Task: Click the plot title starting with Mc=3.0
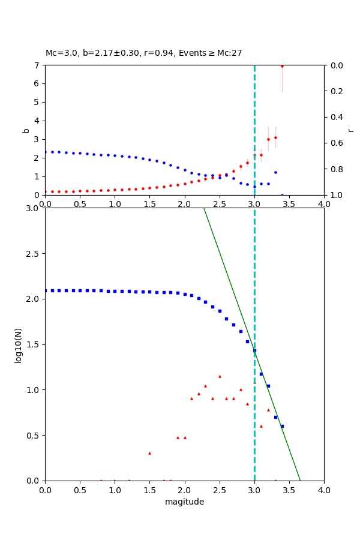(144, 53)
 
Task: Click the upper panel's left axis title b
(26, 130)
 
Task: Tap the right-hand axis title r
(350, 130)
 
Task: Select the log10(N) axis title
(18, 344)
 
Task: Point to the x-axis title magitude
(184, 502)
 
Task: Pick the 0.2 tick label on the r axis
(337, 91)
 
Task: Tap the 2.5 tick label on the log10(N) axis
(34, 254)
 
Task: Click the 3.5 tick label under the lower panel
(289, 490)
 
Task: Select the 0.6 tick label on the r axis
(337, 143)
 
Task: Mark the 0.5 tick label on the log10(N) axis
(34, 436)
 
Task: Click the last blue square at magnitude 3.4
(282, 426)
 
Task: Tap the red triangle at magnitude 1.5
(149, 453)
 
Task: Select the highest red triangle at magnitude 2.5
(220, 376)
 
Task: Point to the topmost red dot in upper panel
(282, 66)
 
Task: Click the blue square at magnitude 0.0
(46, 290)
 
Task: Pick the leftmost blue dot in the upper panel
(46, 152)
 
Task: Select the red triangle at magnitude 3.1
(261, 426)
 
